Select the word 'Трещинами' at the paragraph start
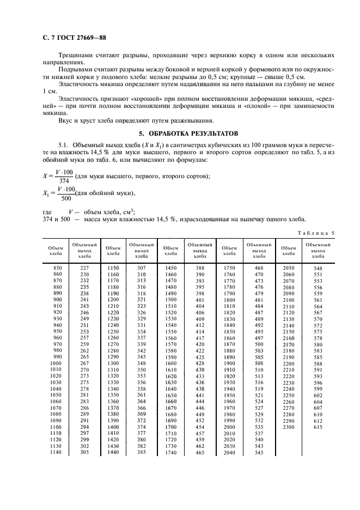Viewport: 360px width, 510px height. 76,56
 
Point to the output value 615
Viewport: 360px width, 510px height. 318,428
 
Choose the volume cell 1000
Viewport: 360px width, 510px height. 57,363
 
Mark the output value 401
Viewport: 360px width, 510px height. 200,300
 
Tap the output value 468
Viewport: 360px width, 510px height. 259,268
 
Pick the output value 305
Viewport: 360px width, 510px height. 84,452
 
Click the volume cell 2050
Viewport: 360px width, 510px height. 288,268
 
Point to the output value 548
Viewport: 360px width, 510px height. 318,269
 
